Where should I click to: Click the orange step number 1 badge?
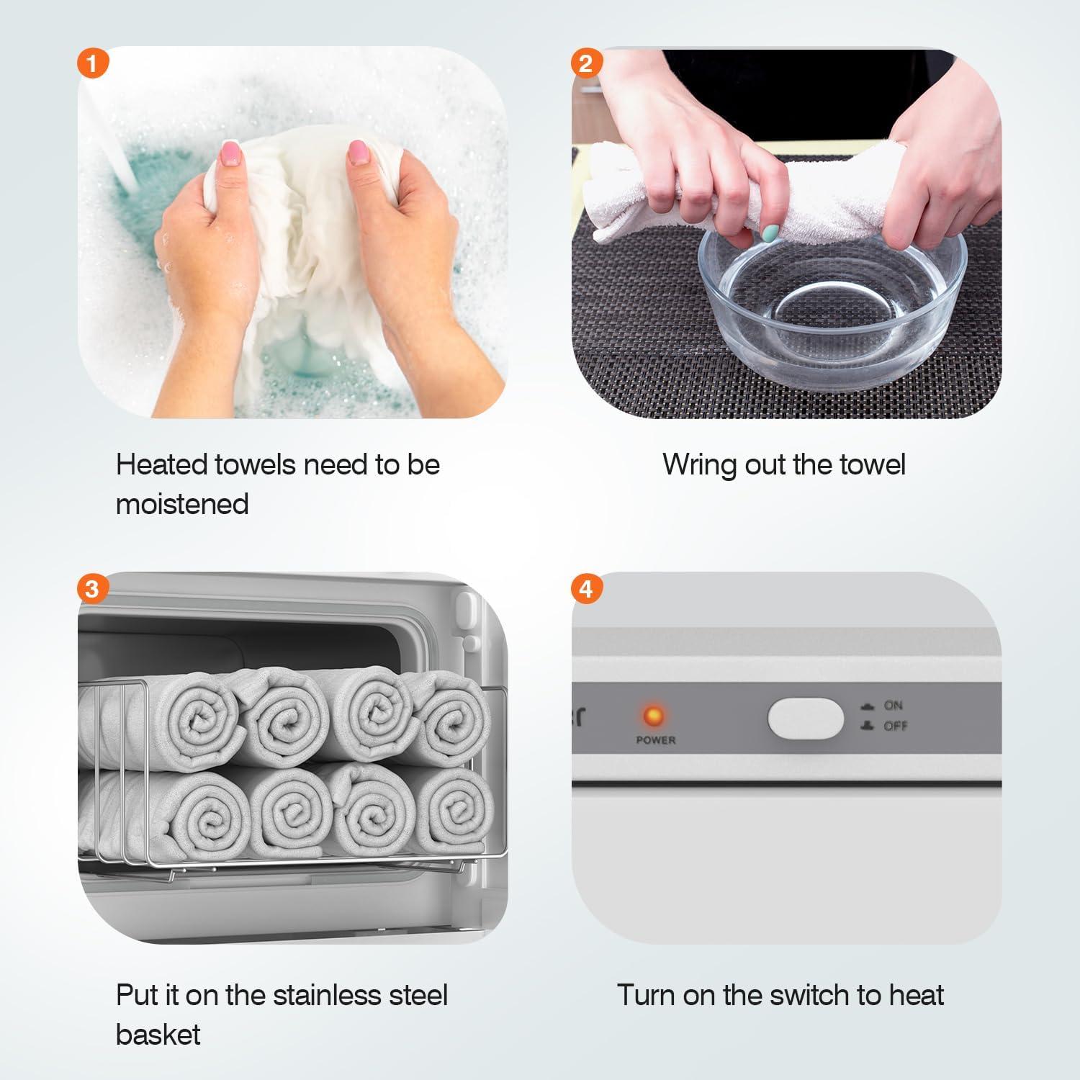(x=91, y=63)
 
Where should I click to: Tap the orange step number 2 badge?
(x=586, y=63)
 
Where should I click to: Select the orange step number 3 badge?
(x=91, y=589)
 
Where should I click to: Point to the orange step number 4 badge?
(x=586, y=589)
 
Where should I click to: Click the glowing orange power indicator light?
(x=654, y=716)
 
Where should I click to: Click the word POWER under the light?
(x=656, y=740)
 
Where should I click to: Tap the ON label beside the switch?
(x=893, y=706)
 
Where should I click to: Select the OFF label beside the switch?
(x=895, y=726)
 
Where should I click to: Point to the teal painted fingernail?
(x=771, y=233)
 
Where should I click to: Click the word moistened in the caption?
(x=182, y=504)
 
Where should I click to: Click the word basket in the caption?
(x=158, y=1035)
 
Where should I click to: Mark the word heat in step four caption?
(x=917, y=995)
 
